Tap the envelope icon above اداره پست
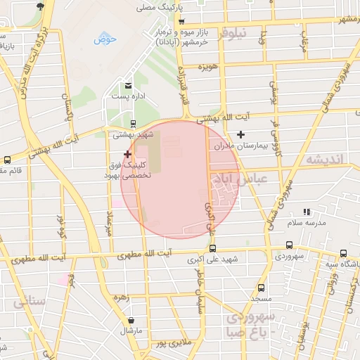128,86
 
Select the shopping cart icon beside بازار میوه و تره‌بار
181,22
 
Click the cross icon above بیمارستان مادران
241,134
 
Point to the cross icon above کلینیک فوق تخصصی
127,153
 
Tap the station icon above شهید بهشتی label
134,123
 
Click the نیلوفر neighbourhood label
233,33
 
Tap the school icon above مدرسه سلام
306,212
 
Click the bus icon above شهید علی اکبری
213,247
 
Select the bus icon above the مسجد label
261,288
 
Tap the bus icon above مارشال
129,318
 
